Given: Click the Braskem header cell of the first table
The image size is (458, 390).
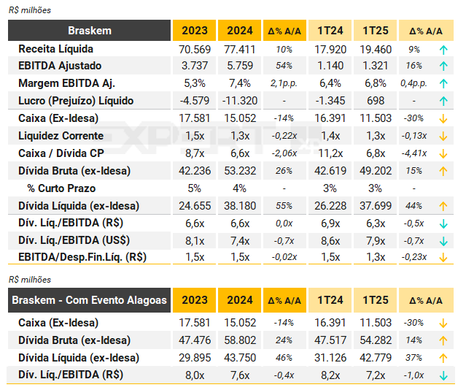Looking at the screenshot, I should click(x=90, y=31).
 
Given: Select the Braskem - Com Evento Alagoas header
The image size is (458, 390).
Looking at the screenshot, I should click(x=90, y=299).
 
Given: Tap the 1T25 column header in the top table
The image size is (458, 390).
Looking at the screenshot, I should click(x=376, y=31).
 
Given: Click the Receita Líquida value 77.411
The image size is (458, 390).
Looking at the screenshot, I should click(x=239, y=50).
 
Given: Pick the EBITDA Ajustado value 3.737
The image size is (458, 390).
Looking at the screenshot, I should click(x=193, y=66).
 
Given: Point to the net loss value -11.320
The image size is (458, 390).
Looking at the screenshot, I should click(x=239, y=101).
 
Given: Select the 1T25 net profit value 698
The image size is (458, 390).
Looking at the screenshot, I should click(x=376, y=101).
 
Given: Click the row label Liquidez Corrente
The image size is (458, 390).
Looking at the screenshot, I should click(x=61, y=136).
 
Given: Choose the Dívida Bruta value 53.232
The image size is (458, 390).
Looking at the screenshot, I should click(x=239, y=171).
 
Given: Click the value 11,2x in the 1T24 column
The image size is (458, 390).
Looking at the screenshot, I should click(x=330, y=153).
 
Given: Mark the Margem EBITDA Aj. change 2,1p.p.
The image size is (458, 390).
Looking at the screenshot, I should click(x=284, y=84).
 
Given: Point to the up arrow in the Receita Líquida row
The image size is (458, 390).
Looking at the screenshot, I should click(x=443, y=50).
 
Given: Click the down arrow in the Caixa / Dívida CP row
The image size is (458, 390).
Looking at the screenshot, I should click(x=443, y=153).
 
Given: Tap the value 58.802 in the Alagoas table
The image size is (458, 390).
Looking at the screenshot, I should click(x=239, y=340).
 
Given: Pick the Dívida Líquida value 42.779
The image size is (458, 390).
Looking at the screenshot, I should click(x=376, y=358).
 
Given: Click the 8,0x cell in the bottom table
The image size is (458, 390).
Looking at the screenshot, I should click(x=193, y=375).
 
